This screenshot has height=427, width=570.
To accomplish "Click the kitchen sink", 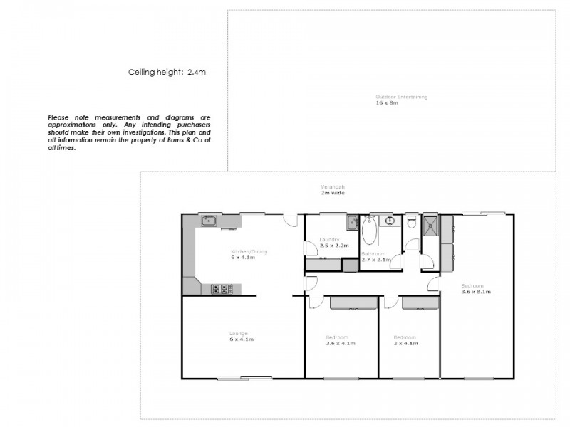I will (x=208, y=221).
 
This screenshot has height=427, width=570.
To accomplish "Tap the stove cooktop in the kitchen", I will (x=222, y=289).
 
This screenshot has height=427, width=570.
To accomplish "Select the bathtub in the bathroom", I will (x=368, y=232).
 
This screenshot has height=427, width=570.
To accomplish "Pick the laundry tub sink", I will (x=352, y=223).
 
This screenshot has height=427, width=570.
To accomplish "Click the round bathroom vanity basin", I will (x=390, y=221).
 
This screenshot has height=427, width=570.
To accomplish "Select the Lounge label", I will (x=238, y=334).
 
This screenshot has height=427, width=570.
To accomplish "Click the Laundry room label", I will (x=329, y=240).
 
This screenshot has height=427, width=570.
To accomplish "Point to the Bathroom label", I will (x=373, y=254).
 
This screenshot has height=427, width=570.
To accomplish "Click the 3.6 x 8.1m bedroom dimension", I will (x=476, y=292).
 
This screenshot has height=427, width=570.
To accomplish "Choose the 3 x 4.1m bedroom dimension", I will (x=405, y=343).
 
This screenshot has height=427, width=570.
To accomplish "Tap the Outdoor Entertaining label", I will (x=402, y=97).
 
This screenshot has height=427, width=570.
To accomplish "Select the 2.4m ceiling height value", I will (x=197, y=72).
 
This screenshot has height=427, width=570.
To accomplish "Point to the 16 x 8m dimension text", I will (x=386, y=103).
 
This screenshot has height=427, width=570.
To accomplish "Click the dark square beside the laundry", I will (x=349, y=265).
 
